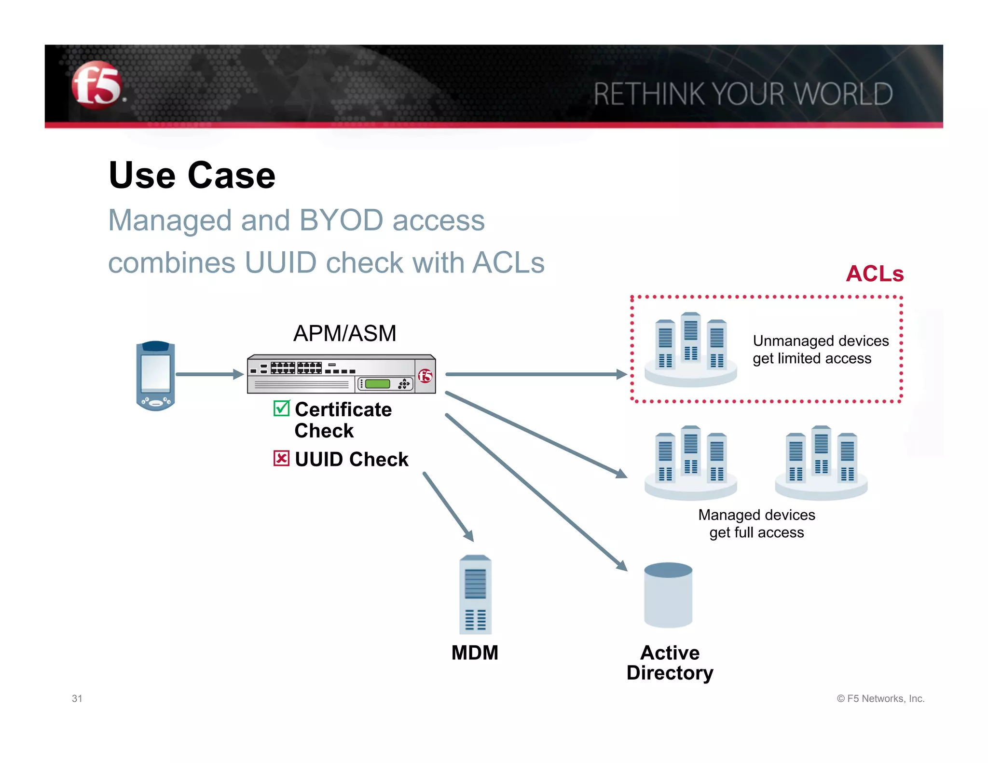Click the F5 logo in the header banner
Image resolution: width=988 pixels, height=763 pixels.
[x=96, y=85]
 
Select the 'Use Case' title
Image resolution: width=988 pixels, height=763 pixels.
[x=192, y=175]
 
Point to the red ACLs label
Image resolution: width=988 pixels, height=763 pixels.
[x=874, y=274]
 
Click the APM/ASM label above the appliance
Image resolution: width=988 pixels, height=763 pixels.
[x=344, y=333]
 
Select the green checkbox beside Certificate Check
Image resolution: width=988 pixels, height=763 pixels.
[x=281, y=409]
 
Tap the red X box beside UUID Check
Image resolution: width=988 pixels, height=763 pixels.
[x=281, y=458]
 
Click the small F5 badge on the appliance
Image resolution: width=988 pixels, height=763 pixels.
[x=425, y=376]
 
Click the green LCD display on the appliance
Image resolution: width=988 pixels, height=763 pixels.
[x=377, y=384]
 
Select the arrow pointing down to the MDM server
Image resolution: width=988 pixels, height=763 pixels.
[x=448, y=507]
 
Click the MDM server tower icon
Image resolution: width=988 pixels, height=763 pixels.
[x=475, y=595]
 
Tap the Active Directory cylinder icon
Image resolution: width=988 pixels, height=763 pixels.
[x=668, y=595]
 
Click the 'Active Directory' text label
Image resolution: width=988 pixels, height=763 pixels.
[x=670, y=663]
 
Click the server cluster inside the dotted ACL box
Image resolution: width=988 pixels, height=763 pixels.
[x=690, y=350]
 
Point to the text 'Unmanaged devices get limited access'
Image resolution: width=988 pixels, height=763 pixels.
[x=820, y=350]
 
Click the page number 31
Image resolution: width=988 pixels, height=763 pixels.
[x=77, y=698]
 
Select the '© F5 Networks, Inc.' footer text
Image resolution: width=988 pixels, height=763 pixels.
[x=880, y=698]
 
